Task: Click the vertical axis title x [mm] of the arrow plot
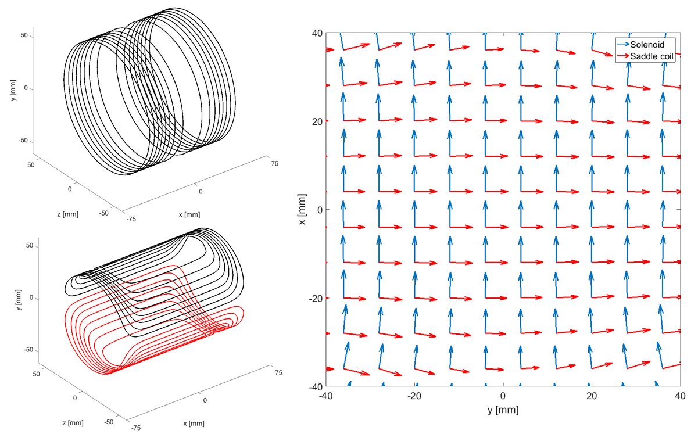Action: pyautogui.click(x=302, y=209)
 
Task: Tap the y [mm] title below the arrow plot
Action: pyautogui.click(x=503, y=410)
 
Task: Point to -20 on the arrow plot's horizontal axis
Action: pyautogui.click(x=414, y=396)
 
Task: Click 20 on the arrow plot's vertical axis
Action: pyautogui.click(x=317, y=121)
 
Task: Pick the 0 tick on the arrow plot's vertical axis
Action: pyautogui.click(x=320, y=210)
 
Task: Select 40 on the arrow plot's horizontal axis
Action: pyautogui.click(x=680, y=396)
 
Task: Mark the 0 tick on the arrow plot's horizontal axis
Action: pyautogui.click(x=503, y=396)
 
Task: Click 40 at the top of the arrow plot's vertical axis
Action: pyautogui.click(x=317, y=33)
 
